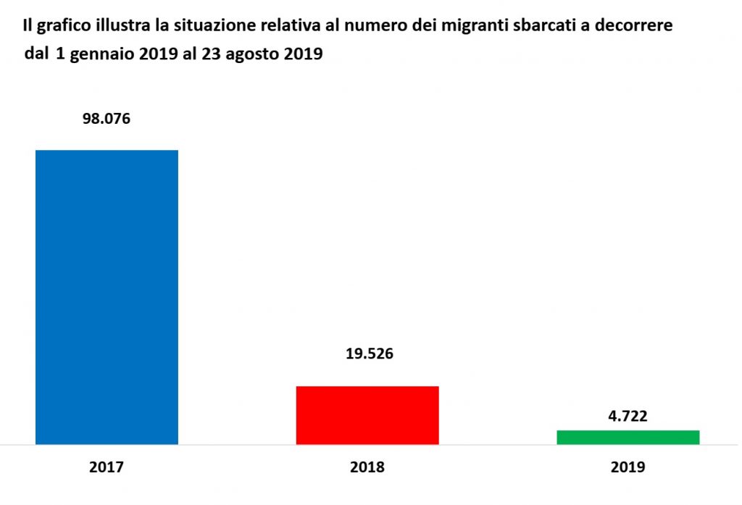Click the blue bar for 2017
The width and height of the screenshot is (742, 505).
click(x=107, y=297)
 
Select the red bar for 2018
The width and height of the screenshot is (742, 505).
click(x=367, y=414)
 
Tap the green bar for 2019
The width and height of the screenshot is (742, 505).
click(x=628, y=437)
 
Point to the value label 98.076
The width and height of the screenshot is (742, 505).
click(x=106, y=119)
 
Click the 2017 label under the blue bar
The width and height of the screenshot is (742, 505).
click(x=107, y=467)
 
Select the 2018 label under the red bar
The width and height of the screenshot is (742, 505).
click(x=367, y=467)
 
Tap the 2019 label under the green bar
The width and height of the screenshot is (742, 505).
click(x=627, y=467)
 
